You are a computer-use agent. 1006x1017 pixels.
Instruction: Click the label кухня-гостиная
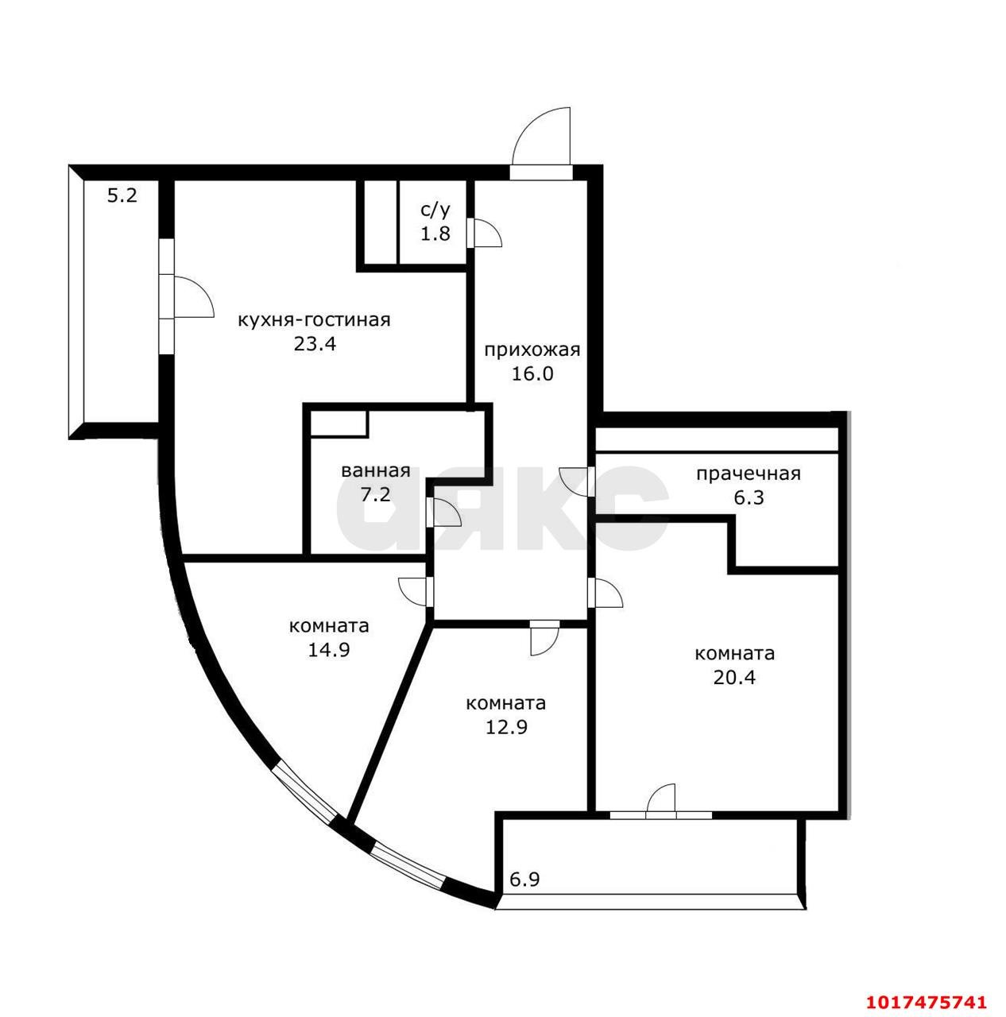pyautogui.click(x=314, y=321)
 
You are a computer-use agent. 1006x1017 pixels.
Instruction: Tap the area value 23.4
pyautogui.click(x=315, y=344)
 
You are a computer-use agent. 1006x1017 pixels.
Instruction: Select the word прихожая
pyautogui.click(x=532, y=350)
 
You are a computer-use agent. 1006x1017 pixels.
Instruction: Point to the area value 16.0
pyautogui.click(x=532, y=373)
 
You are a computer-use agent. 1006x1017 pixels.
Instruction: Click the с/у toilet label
pyautogui.click(x=435, y=210)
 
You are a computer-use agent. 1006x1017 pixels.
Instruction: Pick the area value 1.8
pyautogui.click(x=435, y=233)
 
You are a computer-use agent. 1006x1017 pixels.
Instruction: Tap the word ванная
pyautogui.click(x=376, y=471)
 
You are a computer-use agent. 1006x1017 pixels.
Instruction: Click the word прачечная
pyautogui.click(x=749, y=474)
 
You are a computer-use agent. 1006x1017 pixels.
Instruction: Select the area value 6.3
pyautogui.click(x=749, y=497)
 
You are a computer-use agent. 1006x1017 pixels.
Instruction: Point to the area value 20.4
pyautogui.click(x=734, y=677)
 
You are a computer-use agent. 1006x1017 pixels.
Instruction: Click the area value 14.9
pyautogui.click(x=329, y=650)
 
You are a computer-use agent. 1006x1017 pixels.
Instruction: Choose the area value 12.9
pyautogui.click(x=506, y=727)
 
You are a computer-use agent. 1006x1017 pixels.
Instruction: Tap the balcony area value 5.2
pyautogui.click(x=122, y=195)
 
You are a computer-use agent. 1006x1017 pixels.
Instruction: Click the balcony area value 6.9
pyautogui.click(x=524, y=880)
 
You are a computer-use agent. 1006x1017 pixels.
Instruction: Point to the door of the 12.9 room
pyautogui.click(x=544, y=639)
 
